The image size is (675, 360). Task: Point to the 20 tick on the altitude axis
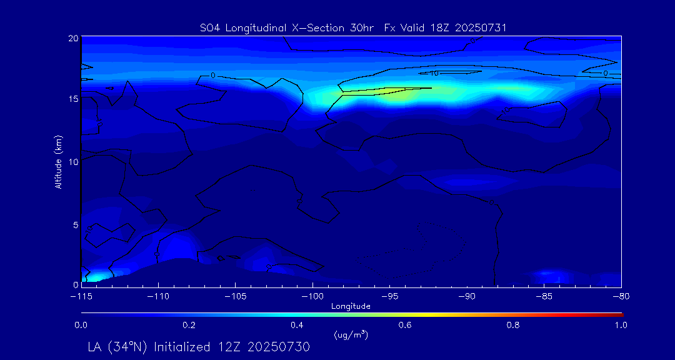[72, 38]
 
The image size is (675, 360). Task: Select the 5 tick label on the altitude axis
[75, 224]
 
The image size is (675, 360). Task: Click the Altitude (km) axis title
[58, 162]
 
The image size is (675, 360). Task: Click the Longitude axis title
[351, 306]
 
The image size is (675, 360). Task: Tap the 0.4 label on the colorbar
[297, 325]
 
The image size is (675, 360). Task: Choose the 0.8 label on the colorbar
[513, 325]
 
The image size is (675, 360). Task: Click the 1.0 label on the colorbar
[620, 325]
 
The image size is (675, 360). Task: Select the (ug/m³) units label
[351, 335]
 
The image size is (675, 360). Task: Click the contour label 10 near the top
[434, 73]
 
